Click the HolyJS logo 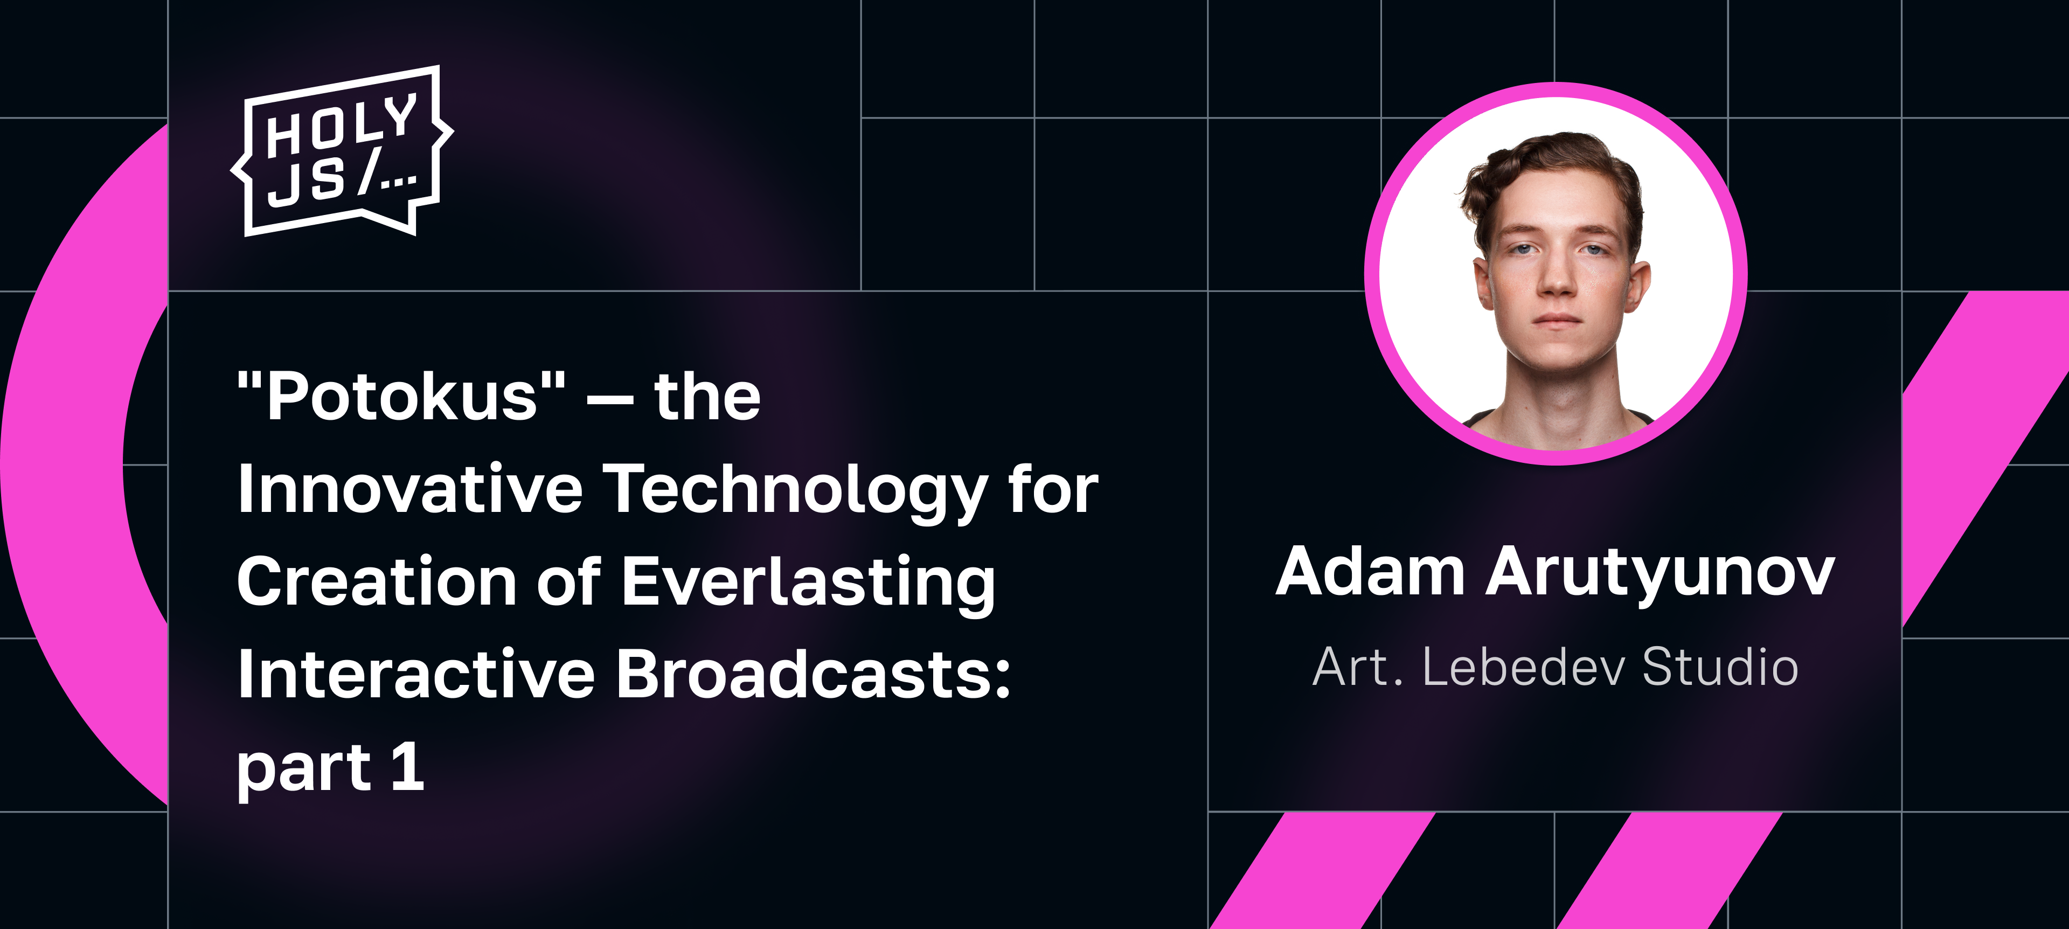(342, 151)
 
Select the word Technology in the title (795, 492)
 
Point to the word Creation (377, 581)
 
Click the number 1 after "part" (407, 766)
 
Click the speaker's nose (1557, 277)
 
